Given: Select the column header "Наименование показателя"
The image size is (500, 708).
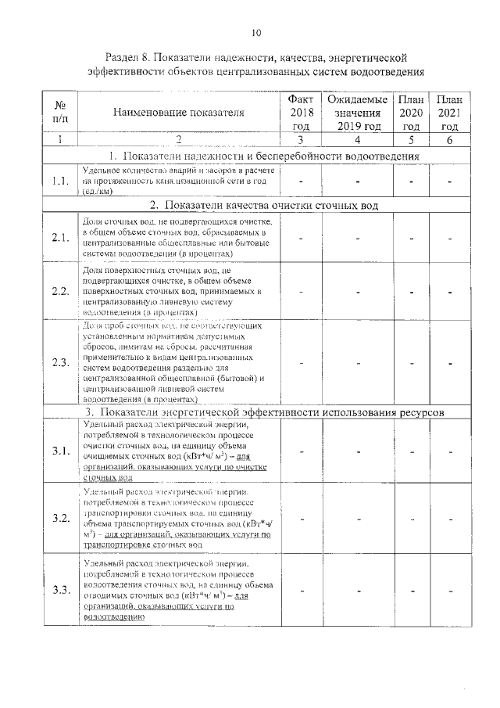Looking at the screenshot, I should coord(179,113).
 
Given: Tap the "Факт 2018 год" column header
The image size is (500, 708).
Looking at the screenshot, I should coord(301,112).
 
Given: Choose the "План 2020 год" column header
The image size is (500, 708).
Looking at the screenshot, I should coord(412,112).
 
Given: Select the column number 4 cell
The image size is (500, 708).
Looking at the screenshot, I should coord(356,140).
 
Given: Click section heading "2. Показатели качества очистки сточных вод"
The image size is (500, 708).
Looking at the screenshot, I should coord(264,206).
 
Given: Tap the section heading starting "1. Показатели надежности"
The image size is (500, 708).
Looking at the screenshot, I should coord(264,156).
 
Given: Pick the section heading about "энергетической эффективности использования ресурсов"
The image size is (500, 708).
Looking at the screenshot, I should coord(264,411).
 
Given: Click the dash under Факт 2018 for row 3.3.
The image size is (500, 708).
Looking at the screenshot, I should coord(301,590).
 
